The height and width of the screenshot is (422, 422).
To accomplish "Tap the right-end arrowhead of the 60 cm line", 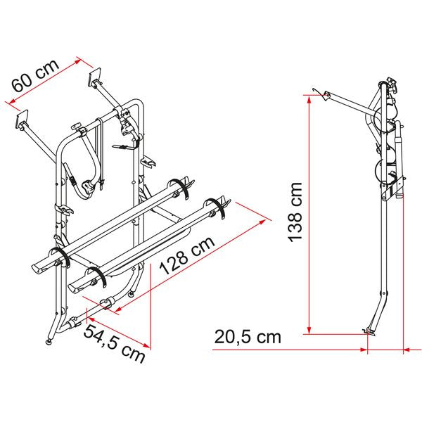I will coord(82,61).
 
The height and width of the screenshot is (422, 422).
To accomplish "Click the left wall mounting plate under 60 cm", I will coord(23,121).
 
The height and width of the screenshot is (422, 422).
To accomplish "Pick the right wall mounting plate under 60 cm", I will coord(96,79).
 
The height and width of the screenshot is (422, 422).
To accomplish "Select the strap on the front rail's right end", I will coord(223,210).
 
